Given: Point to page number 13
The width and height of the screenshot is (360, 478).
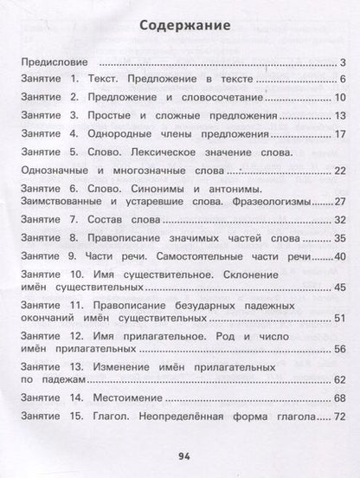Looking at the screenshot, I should (340, 115).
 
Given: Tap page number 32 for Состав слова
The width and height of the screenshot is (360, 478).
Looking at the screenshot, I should (339, 219).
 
